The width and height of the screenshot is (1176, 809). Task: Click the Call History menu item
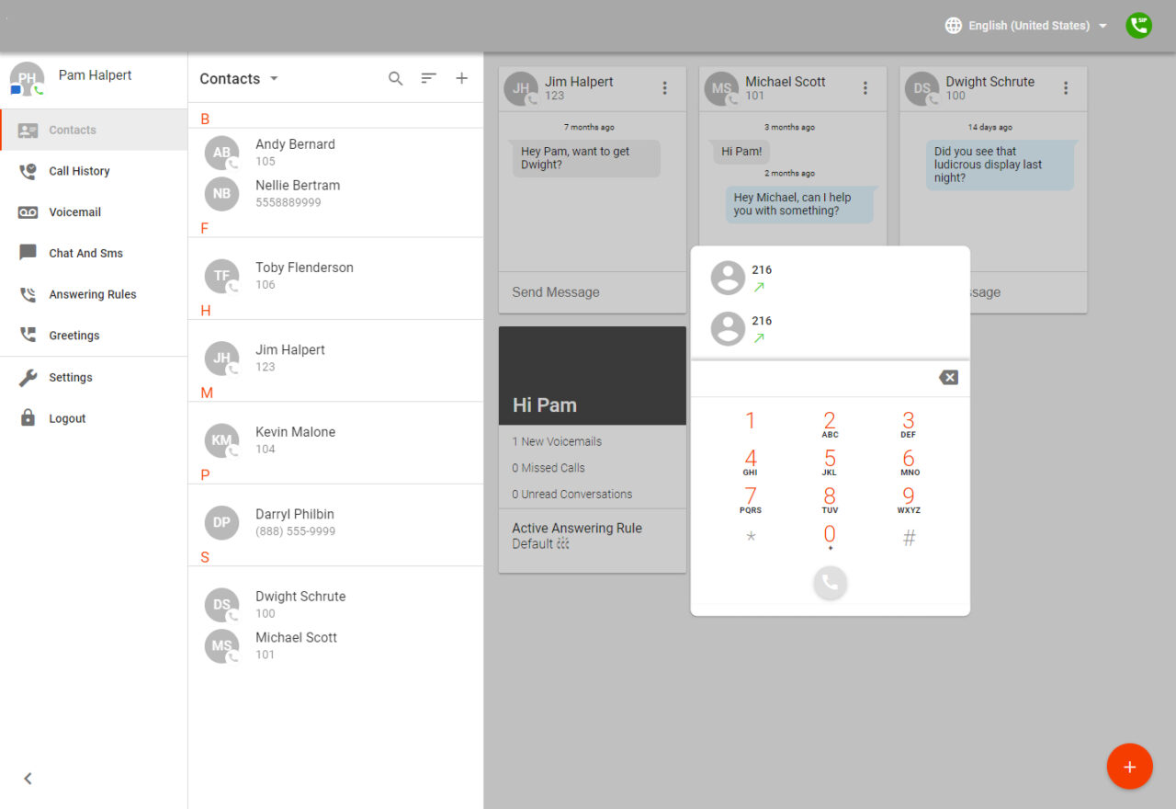pyautogui.click(x=79, y=171)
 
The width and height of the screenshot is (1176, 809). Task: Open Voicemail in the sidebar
pyautogui.click(x=74, y=212)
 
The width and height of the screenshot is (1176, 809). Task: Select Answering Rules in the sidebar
pyautogui.click(x=92, y=294)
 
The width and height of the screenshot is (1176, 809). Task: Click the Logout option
pyautogui.click(x=67, y=418)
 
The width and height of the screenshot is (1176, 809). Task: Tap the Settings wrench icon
pyautogui.click(x=28, y=378)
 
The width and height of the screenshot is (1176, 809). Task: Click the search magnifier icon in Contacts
pyautogui.click(x=395, y=79)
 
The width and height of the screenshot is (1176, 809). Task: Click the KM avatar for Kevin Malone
pyautogui.click(x=221, y=440)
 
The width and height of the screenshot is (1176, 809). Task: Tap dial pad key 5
pyautogui.click(x=830, y=461)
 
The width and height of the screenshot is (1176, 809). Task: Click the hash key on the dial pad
pyautogui.click(x=909, y=539)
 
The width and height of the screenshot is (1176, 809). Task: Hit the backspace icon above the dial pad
pyautogui.click(x=948, y=378)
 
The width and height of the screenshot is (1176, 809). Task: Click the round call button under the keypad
pyautogui.click(x=830, y=582)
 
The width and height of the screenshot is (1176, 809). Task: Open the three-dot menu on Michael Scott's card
pyautogui.click(x=865, y=88)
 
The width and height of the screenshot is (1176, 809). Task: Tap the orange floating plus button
pyautogui.click(x=1129, y=767)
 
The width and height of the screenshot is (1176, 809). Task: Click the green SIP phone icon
pyautogui.click(x=1139, y=26)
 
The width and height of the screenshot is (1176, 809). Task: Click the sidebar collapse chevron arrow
pyautogui.click(x=28, y=779)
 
